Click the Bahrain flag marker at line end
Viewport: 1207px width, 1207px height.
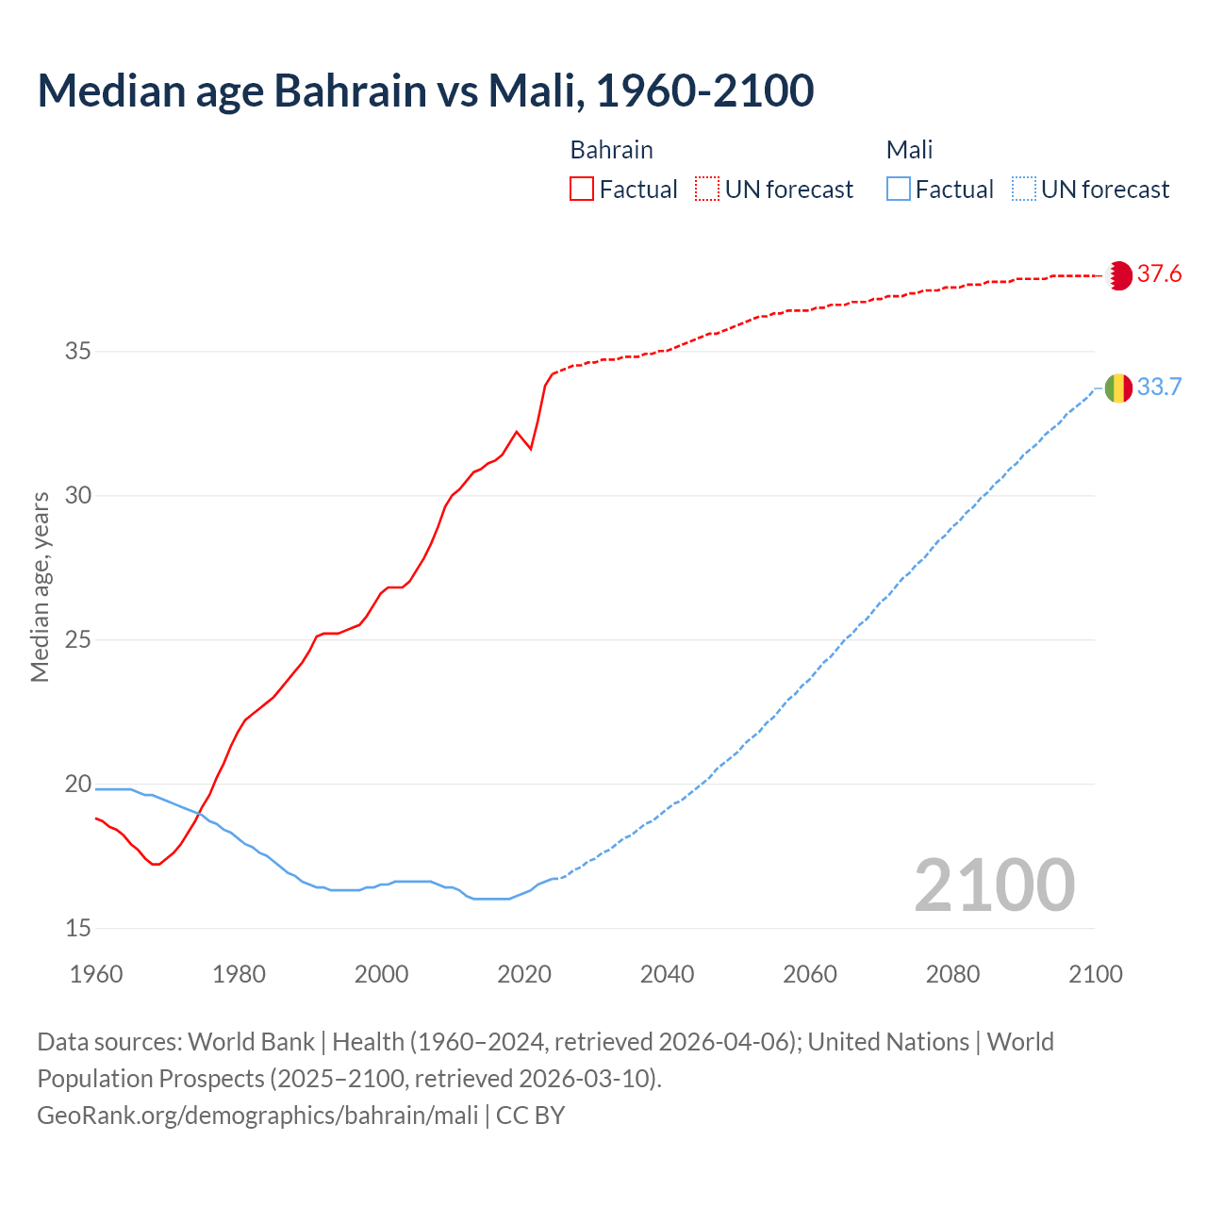[1118, 275]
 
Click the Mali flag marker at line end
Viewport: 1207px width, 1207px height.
[1118, 388]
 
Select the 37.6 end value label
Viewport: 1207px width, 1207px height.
[1159, 274]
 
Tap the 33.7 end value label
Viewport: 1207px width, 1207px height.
[1159, 388]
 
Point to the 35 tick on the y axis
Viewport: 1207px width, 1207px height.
[78, 352]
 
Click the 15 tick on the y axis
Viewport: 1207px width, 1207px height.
[78, 929]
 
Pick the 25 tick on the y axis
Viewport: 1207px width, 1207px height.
[78, 640]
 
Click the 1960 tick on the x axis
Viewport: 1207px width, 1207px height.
[96, 974]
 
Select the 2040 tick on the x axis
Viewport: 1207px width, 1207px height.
[667, 974]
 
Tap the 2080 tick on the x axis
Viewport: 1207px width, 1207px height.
[952, 974]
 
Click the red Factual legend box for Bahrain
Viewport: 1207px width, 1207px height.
[582, 190]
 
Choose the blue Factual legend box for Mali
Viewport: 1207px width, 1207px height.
[899, 190]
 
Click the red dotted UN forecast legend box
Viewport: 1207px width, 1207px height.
[707, 190]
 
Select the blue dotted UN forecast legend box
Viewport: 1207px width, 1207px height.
[1024, 190]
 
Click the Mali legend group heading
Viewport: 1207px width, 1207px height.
[909, 150]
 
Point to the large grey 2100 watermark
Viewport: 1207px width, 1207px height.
[994, 885]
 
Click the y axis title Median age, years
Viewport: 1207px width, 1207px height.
[40, 587]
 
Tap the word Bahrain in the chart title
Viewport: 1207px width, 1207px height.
[350, 91]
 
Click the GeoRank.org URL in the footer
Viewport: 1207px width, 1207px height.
[257, 1116]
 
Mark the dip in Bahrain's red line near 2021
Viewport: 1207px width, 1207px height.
[531, 448]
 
